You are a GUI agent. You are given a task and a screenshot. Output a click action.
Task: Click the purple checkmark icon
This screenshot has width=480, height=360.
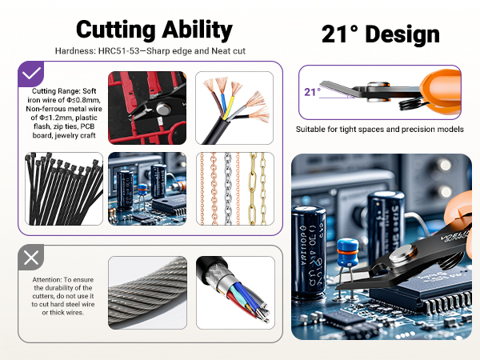(x=31, y=74)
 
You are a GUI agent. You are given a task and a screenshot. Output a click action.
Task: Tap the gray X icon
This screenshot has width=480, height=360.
(x=31, y=258)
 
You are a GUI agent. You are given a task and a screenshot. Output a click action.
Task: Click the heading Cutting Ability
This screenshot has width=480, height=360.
(x=154, y=30)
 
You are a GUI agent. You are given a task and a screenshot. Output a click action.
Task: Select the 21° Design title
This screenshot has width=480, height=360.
(x=380, y=34)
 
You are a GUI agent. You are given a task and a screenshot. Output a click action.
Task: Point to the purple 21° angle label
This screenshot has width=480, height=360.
(x=312, y=92)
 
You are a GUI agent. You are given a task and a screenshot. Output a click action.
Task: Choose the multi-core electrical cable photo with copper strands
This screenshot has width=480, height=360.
(x=234, y=107)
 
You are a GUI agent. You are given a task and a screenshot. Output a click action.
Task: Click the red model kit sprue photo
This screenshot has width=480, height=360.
(x=146, y=107)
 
